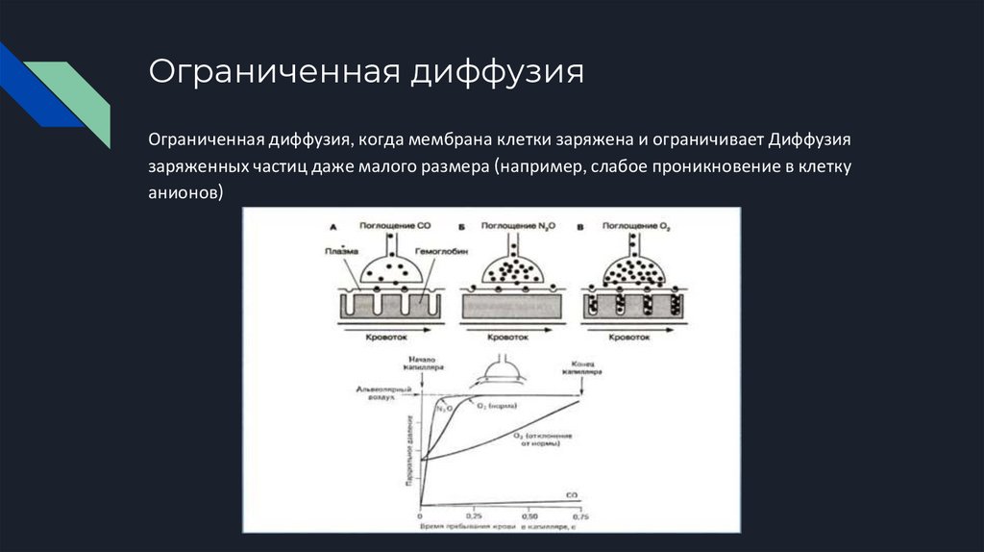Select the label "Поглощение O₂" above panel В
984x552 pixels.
(636, 225)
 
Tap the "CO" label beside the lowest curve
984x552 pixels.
(571, 494)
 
